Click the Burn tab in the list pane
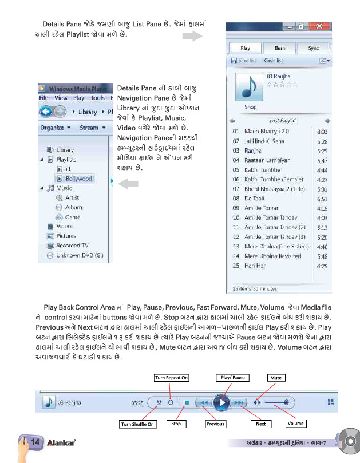coord(279,49)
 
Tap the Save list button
coord(244,61)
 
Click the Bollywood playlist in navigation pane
coord(78,179)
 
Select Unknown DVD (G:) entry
coord(79,255)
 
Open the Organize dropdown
coord(55,128)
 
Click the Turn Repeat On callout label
coord(171,378)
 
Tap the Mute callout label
coord(276,378)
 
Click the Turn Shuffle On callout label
coord(137,424)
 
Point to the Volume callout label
coord(295,424)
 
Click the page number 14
coord(34,442)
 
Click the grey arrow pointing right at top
coord(192,37)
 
